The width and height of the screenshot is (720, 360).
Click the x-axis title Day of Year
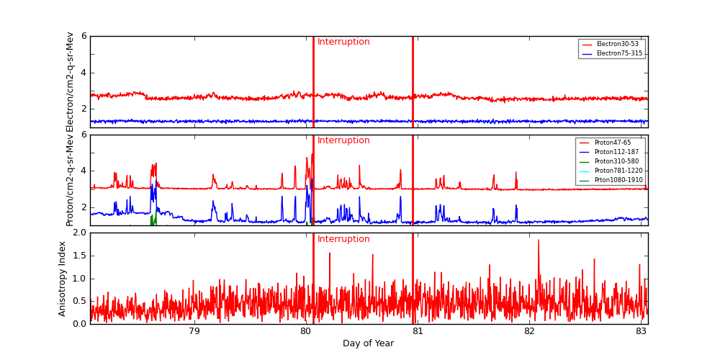pos(368,343)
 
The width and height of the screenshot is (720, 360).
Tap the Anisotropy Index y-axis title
pos(63,278)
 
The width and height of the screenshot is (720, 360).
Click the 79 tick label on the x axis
pos(194,331)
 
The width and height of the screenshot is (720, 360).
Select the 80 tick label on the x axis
pos(305,331)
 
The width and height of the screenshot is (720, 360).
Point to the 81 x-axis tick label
pos(418,331)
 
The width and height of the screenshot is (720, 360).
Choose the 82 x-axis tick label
pos(529,331)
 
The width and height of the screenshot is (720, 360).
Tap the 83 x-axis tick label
pos(641,331)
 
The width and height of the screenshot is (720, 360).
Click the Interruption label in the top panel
pos(343,42)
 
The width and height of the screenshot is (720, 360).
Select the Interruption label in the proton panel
pos(343,140)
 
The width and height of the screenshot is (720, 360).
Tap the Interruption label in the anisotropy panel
pos(343,239)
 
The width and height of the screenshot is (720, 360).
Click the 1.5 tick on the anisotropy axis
pos(78,256)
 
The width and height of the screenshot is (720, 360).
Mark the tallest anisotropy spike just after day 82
pos(538,240)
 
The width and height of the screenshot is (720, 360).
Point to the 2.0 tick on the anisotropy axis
pos(78,233)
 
